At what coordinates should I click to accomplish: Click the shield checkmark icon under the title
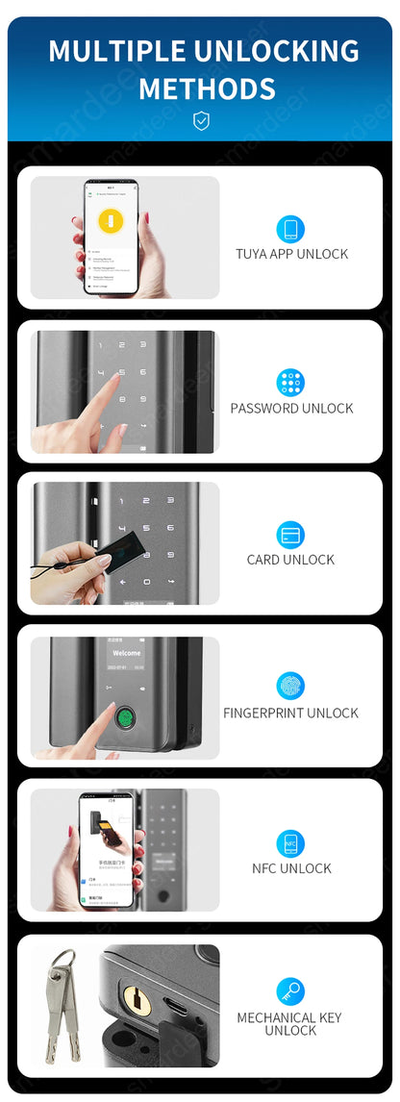200,120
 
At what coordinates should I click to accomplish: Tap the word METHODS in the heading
207,88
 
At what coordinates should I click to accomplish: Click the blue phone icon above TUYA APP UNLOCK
290,229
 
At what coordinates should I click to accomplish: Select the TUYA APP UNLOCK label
291,254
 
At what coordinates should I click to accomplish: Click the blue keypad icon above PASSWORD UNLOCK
290,382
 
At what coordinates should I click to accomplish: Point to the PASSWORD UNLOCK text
291,408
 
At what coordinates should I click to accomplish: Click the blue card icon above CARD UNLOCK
290,534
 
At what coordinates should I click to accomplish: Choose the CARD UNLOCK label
291,560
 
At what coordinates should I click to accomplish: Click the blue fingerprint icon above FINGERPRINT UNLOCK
290,686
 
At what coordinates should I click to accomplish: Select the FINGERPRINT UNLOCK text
290,713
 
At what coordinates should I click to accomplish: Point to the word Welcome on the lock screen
126,653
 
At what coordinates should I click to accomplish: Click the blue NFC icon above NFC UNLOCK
290,843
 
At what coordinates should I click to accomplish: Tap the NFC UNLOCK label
291,868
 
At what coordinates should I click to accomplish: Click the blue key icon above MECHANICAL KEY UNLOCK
290,991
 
